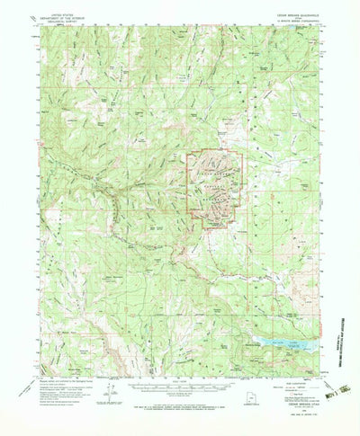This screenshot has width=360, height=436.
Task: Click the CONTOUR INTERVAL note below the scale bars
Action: pos(180,405)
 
